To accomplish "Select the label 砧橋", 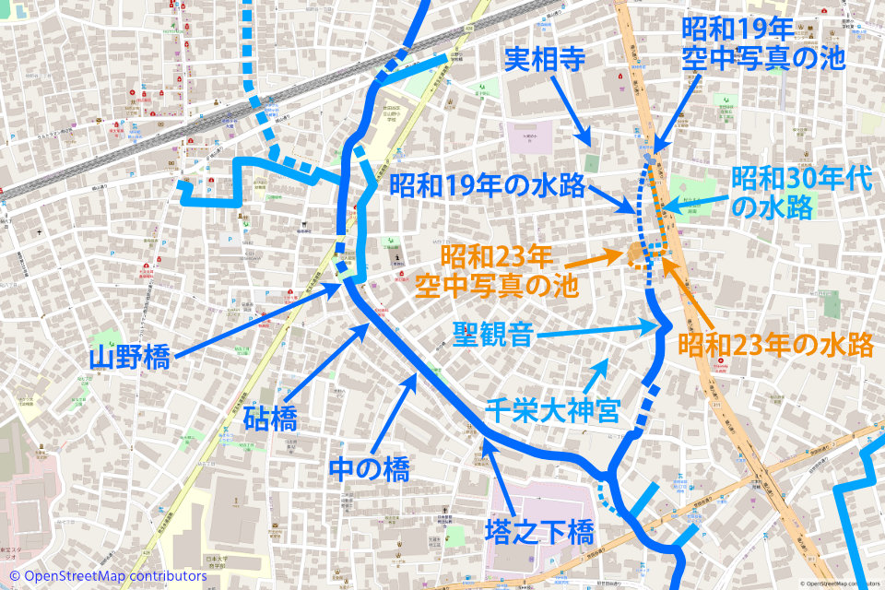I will click(270, 421).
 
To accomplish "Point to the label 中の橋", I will click(369, 470).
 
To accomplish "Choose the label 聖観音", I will click(493, 334).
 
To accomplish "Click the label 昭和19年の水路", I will click(488, 185).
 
